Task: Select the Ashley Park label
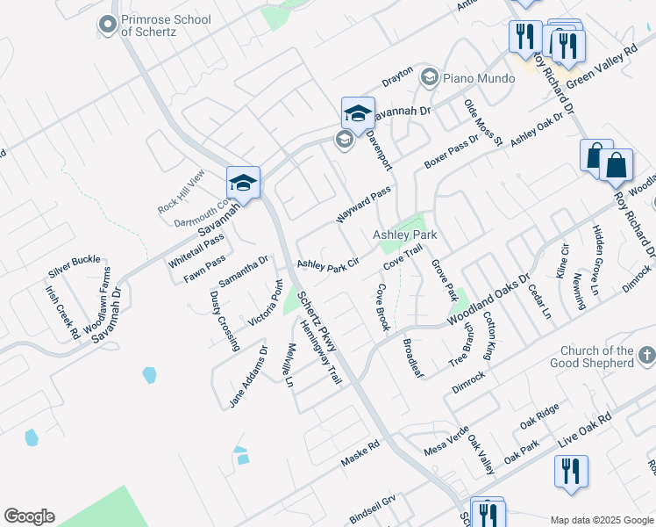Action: (404, 235)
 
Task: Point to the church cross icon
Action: (646, 356)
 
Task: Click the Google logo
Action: (29, 516)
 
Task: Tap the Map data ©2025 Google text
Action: (601, 520)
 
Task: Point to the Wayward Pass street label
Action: (362, 205)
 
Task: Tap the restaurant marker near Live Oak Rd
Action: (570, 470)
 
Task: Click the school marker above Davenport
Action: (357, 112)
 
